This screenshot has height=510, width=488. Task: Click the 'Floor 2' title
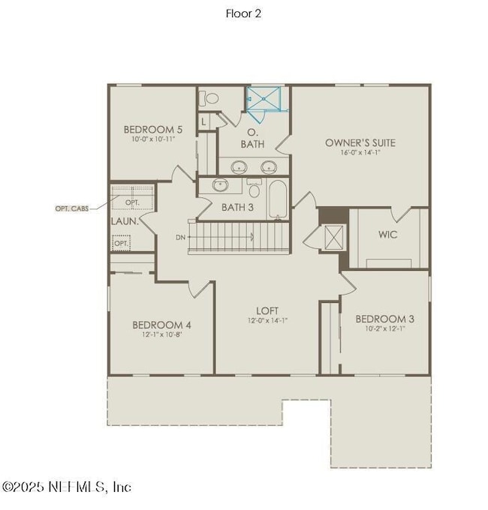(244, 13)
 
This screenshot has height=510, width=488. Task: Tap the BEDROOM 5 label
(153, 129)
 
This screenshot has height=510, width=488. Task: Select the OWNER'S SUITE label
(360, 142)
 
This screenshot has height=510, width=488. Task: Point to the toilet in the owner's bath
(211, 98)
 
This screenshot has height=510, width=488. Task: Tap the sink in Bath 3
(221, 184)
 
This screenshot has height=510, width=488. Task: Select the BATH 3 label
(237, 207)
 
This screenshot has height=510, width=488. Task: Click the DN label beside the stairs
(181, 237)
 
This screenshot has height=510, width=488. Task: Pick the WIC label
(387, 235)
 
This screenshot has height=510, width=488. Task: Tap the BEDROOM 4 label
(161, 325)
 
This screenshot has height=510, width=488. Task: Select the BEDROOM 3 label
(384, 319)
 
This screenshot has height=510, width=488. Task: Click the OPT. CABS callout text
(72, 208)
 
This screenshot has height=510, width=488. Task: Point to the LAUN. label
(123, 222)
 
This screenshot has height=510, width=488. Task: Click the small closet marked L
(203, 121)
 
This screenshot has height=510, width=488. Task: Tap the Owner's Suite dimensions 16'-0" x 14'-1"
(360, 153)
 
